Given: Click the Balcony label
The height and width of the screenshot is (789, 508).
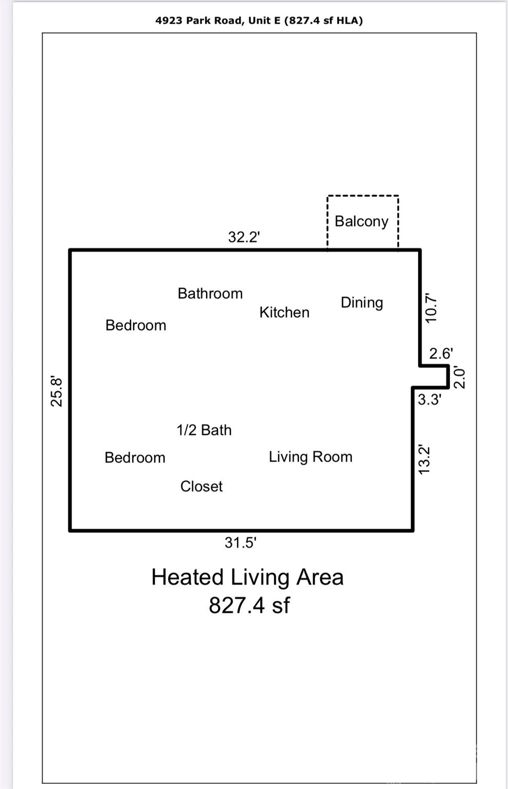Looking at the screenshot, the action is tap(361, 222).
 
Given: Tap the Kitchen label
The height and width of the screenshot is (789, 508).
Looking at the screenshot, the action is tap(284, 312).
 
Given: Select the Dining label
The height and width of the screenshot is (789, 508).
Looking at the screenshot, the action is tap(361, 303).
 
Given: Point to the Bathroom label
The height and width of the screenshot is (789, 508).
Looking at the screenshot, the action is tap(210, 293).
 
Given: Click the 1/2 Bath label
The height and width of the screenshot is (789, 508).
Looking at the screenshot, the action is tap(204, 430).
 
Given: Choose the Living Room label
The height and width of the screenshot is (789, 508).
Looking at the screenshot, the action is tap(311, 457).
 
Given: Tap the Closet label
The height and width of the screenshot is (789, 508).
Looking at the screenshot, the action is tap(201, 486).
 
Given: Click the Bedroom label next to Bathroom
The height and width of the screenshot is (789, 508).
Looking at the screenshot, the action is tap(136, 325).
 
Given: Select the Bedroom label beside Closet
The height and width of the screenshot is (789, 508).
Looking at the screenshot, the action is tap(135, 458).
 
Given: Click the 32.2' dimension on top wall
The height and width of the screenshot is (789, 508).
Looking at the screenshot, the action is tap(244, 237).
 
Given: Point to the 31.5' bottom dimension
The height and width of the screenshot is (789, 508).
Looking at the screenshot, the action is tap(241, 543).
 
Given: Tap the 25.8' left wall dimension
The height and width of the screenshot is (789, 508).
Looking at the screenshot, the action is tap(57, 392).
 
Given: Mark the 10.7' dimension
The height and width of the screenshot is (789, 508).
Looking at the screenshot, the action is tap(431, 308).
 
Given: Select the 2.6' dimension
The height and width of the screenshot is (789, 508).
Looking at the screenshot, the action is tap(441, 353).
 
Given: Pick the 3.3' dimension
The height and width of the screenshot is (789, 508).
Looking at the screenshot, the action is tap(429, 400).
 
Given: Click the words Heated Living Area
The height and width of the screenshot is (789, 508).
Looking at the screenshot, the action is tap(247, 577).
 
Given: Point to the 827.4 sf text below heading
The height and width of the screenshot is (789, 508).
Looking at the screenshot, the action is tap(249, 605).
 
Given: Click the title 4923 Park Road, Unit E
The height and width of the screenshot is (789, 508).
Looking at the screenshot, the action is tap(218, 21).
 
